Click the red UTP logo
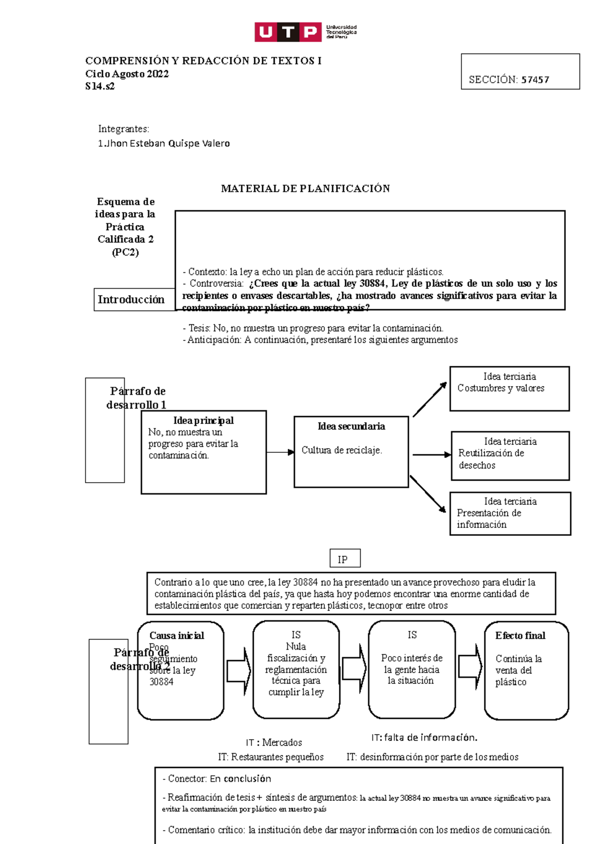point(288,32)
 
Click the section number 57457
point(535,80)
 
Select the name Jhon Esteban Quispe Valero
point(167,144)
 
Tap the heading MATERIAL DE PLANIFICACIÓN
point(305,188)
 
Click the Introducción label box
point(131,299)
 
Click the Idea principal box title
point(203,421)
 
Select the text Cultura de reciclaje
point(342,450)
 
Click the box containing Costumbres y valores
point(509,389)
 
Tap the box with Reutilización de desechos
point(510,456)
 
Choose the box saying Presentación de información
point(510,513)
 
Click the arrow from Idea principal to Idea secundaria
point(280,452)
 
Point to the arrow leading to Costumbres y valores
point(430,399)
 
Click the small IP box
point(345,559)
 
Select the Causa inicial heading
point(177,636)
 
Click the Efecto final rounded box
point(526,670)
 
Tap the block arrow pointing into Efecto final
point(470,667)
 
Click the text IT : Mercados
point(274,743)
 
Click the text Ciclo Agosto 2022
point(127,74)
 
